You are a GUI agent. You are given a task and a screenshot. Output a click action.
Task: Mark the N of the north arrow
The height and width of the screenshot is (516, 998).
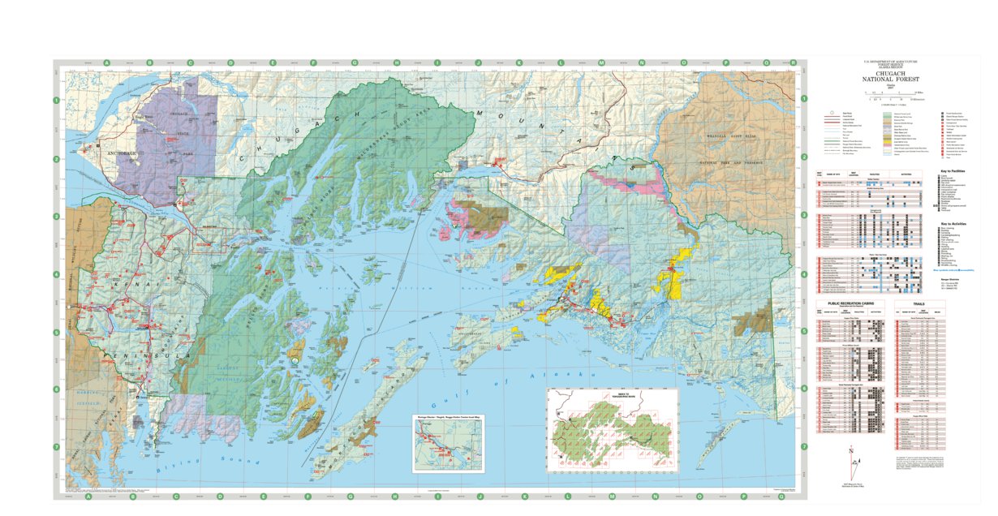pos(850,449)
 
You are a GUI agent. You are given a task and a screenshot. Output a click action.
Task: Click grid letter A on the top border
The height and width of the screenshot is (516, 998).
pos(106,62)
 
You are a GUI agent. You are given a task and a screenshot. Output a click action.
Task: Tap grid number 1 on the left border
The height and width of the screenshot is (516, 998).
pos(57,100)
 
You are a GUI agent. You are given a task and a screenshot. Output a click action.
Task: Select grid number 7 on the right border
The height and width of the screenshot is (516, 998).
pos(802,447)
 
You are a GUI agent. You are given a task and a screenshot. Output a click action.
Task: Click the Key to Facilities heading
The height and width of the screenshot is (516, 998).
pos(954,171)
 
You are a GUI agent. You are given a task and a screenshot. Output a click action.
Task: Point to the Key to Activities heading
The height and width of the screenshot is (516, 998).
pos(954,223)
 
